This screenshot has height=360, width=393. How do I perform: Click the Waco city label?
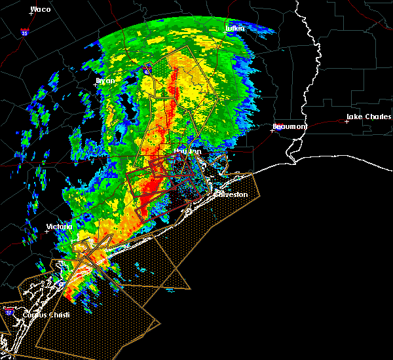click(x=41, y=9)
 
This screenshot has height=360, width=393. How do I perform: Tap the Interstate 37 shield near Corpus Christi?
click(x=9, y=311)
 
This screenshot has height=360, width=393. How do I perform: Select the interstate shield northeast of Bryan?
click(x=147, y=67)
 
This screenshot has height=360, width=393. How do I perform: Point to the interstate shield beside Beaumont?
click(x=278, y=128)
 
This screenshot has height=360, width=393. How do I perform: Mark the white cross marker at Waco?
click(x=31, y=14)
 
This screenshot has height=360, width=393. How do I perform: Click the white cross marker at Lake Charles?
click(x=346, y=121)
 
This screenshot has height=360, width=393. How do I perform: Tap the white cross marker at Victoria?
click(x=47, y=231)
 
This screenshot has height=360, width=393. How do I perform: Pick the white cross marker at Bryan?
click(x=96, y=84)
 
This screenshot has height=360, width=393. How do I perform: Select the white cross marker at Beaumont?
click(x=272, y=130)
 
